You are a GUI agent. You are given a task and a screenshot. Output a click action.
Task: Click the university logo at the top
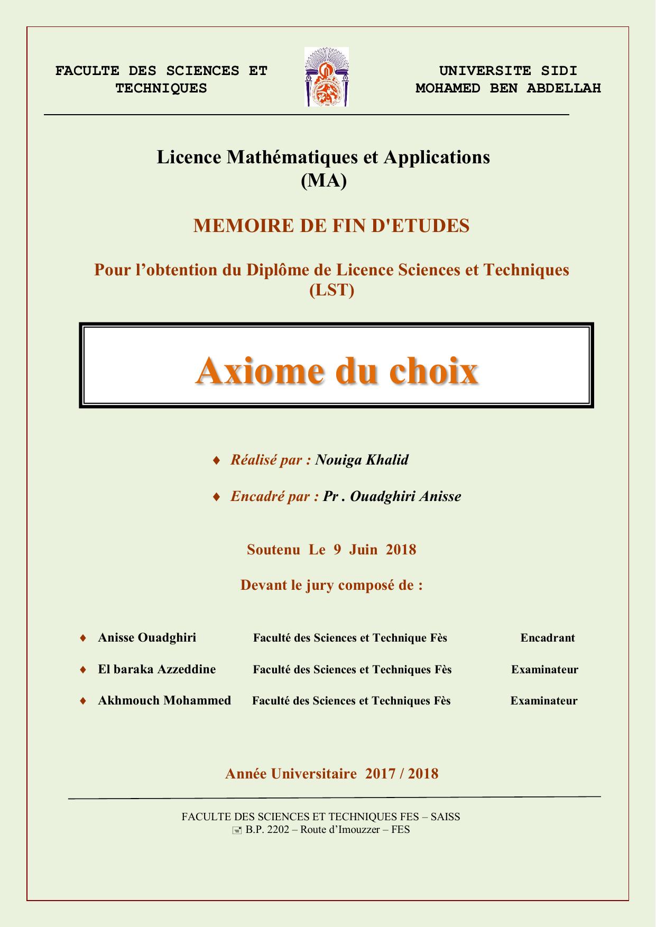tap(326, 77)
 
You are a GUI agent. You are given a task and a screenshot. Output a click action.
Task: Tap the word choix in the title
tap(433, 371)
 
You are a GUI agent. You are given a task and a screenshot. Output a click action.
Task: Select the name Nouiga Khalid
tap(362, 460)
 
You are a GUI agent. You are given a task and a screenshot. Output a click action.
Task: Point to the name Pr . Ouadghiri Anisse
tap(392, 496)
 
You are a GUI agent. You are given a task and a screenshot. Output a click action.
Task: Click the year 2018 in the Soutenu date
tap(401, 550)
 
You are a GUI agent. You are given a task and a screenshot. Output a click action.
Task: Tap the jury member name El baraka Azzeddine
tap(156, 669)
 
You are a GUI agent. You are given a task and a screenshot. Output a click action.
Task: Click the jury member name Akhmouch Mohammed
tap(164, 700)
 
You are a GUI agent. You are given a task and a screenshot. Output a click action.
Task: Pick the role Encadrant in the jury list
tap(547, 638)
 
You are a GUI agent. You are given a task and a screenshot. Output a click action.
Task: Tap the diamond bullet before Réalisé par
tap(216, 460)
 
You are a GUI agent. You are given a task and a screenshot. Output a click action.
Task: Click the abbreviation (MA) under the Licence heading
tap(324, 181)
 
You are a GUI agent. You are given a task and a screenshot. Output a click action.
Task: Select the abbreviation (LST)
tap(331, 290)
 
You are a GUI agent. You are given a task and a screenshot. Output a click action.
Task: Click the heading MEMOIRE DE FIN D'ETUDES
tap(331, 226)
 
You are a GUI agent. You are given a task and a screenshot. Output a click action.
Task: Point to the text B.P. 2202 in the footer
tap(267, 830)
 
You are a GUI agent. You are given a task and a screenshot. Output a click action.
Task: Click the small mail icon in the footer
tap(237, 830)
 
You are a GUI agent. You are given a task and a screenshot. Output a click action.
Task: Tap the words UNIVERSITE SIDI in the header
tap(508, 71)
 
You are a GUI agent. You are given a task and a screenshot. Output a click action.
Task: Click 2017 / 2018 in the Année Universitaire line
tap(401, 774)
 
